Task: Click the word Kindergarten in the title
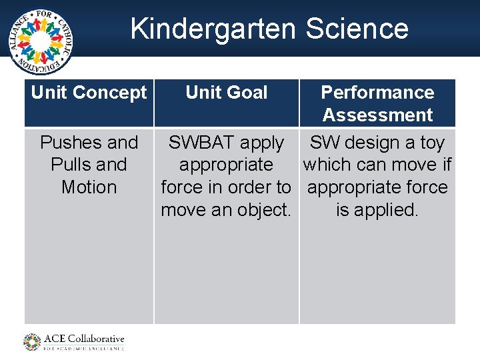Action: [213, 29]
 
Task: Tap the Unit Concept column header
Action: [89, 93]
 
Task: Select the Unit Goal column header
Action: [227, 93]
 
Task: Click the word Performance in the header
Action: [377, 92]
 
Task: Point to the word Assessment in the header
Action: [377, 115]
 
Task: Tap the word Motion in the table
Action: [89, 187]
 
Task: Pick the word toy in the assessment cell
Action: [431, 143]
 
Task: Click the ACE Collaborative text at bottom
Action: [84, 338]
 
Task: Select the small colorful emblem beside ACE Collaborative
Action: [32, 342]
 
